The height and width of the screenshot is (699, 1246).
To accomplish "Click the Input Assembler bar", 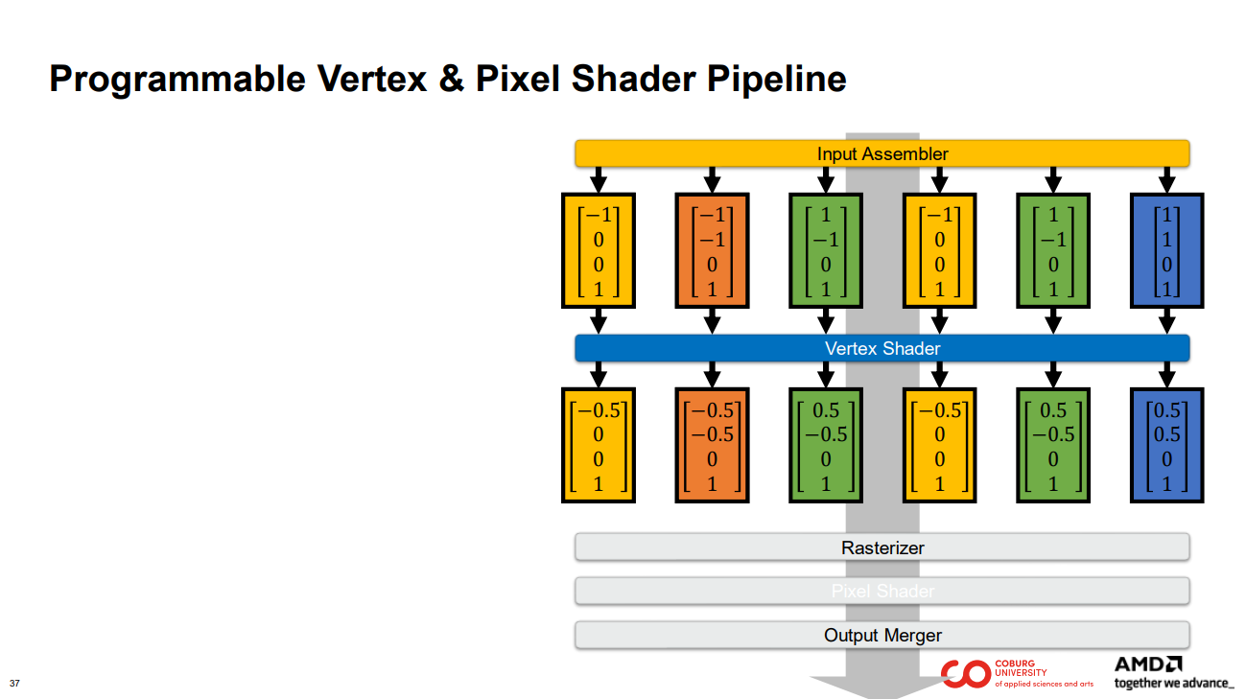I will pyautogui.click(x=882, y=153).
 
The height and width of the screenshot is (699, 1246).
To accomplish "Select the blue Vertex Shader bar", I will pyautogui.click(x=882, y=348).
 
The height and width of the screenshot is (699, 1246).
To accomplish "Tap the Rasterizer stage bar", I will pyautogui.click(x=882, y=548).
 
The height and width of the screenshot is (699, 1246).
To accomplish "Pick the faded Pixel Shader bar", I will pyautogui.click(x=882, y=591).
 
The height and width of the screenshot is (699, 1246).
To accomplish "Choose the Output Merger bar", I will pyautogui.click(x=882, y=635).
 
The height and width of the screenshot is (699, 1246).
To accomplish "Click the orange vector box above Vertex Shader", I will pyautogui.click(x=712, y=250).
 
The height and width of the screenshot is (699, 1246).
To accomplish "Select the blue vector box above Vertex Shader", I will pyautogui.click(x=1166, y=250).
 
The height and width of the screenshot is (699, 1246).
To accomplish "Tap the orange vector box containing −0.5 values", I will pyautogui.click(x=712, y=445).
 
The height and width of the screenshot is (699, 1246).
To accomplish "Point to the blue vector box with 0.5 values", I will pyautogui.click(x=1166, y=445).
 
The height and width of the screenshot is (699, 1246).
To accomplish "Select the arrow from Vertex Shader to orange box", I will pyautogui.click(x=712, y=374).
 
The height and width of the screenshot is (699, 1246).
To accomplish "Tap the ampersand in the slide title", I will pyautogui.click(x=451, y=80).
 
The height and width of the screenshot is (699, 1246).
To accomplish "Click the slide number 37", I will pyautogui.click(x=14, y=684).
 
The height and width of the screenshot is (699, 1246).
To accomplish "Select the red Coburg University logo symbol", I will pyautogui.click(x=964, y=674).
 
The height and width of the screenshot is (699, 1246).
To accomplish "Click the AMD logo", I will pyautogui.click(x=1148, y=664).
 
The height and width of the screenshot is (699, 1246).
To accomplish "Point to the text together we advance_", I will pyautogui.click(x=1173, y=683).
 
